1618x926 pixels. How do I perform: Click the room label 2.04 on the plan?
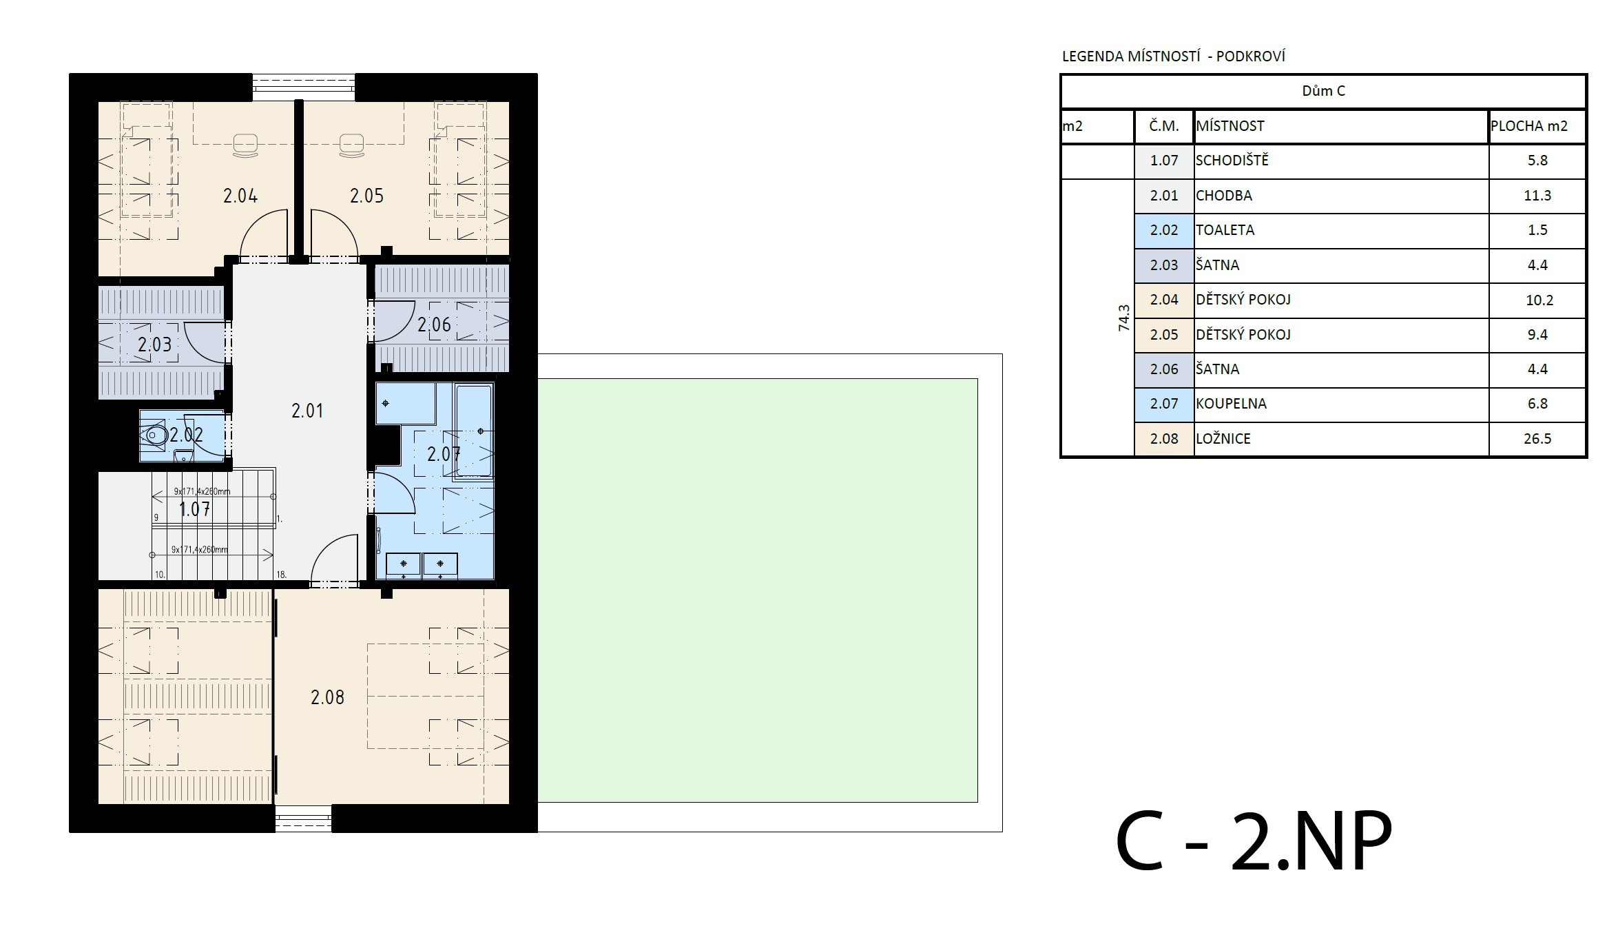[240, 196]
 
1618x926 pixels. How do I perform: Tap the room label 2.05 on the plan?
[366, 196]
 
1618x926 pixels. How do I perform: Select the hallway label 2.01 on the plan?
[307, 411]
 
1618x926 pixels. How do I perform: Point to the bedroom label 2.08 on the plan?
[327, 697]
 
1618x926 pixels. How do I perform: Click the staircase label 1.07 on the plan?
[195, 509]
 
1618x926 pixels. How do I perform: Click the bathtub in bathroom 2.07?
[474, 431]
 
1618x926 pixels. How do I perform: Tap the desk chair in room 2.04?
[246, 146]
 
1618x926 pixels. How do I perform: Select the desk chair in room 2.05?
[352, 146]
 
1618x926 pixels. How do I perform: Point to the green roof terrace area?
[758, 590]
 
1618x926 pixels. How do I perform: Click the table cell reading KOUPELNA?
[1231, 404]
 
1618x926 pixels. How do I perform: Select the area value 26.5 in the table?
[1537, 439]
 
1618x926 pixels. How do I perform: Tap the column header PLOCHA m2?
[1529, 126]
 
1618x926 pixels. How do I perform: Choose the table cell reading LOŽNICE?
[1223, 439]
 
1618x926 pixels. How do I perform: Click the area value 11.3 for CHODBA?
[1537, 196]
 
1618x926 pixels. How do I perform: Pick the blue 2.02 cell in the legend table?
[1164, 230]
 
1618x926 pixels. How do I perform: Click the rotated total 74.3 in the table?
[1124, 318]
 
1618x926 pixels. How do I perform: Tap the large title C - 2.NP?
[1254, 841]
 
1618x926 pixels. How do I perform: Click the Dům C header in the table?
[1323, 91]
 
